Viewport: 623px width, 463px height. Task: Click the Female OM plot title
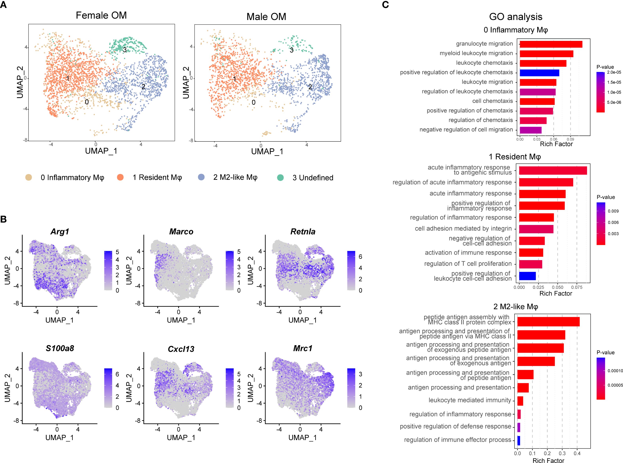pos(101,15)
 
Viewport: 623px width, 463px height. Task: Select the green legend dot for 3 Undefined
pos(280,177)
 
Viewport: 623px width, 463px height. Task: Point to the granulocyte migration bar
pos(551,44)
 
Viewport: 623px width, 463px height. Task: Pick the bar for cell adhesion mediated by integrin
pos(536,229)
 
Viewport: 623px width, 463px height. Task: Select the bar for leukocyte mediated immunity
pos(520,401)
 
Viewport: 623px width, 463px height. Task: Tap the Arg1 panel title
pos(60,231)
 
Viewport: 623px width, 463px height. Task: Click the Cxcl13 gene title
pos(181,349)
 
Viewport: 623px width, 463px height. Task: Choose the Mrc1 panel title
pos(303,348)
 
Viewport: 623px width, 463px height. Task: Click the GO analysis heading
pos(516,17)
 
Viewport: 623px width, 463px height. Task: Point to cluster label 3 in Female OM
pos(125,50)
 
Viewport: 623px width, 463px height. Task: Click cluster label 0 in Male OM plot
pos(253,103)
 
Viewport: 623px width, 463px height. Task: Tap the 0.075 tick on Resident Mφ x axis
pos(577,287)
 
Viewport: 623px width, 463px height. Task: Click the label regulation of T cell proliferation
pos(468,264)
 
